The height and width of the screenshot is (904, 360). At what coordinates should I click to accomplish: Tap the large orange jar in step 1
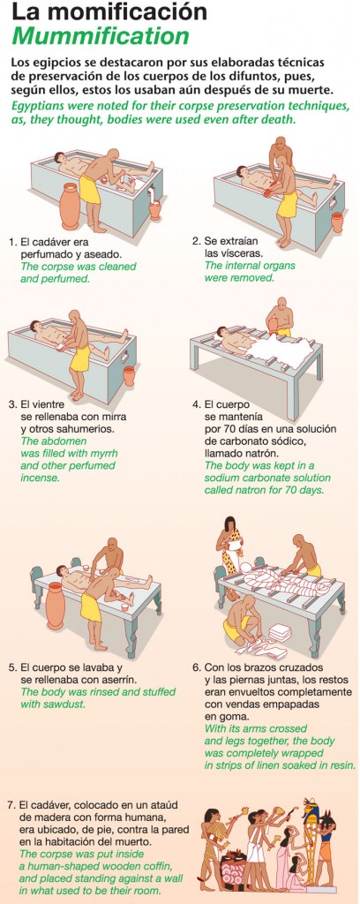point(70,207)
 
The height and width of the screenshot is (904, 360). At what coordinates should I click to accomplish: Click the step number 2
point(195,241)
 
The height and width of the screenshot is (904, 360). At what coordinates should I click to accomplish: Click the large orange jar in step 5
point(56,606)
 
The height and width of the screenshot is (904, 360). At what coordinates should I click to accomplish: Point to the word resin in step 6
point(339,765)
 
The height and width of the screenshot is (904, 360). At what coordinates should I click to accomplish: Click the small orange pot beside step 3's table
point(129,375)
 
